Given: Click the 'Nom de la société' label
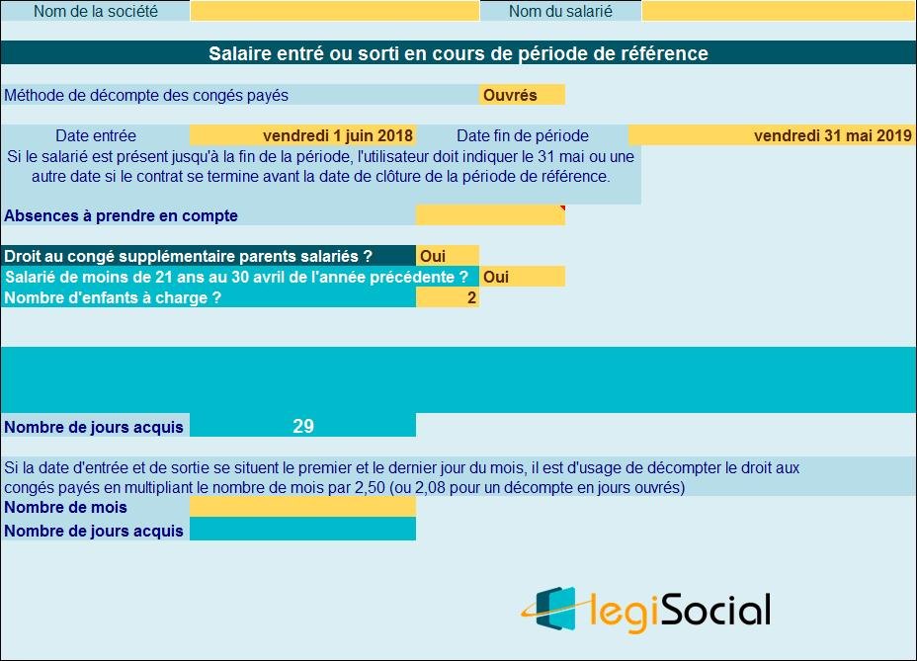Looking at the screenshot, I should tap(95, 12).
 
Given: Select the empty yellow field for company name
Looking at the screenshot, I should tap(334, 12).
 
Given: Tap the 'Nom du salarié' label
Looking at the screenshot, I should tap(560, 12).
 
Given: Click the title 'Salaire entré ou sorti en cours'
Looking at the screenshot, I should tap(458, 53).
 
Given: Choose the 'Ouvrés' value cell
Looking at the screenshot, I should tap(521, 95).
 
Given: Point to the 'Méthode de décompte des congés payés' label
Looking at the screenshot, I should tap(146, 95).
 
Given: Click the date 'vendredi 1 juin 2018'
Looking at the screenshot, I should tap(338, 135).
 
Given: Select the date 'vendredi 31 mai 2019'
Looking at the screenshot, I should tap(832, 135).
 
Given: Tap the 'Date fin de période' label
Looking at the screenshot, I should tap(522, 135).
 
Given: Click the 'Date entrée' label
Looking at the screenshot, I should tap(95, 135).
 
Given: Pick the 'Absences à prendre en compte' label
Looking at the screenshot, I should tap(122, 215).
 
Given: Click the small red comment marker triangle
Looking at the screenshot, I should tap(562, 207).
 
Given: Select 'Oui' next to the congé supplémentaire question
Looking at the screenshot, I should tap(433, 256).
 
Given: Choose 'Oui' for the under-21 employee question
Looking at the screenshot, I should tap(496, 277).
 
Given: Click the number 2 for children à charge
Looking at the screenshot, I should tap(471, 297).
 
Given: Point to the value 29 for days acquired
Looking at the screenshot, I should tap(303, 427).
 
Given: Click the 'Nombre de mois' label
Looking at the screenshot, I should tap(66, 507).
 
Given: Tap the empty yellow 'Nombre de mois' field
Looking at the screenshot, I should tap(302, 507).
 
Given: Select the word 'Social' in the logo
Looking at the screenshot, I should tap(714, 610).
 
